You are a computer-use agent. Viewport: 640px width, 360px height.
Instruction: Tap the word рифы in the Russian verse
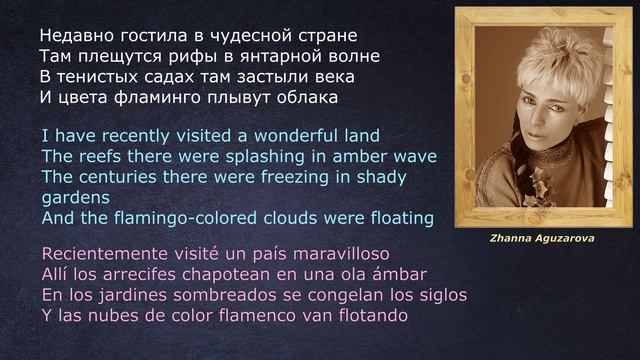(197, 55)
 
